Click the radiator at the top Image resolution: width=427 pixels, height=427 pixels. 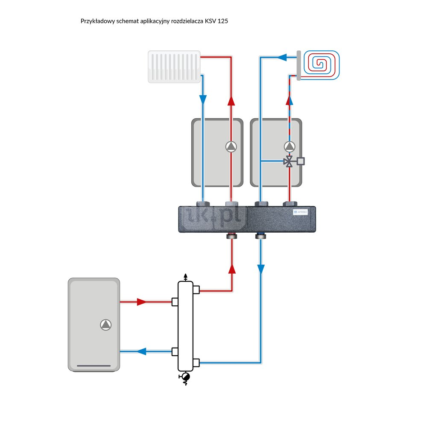[174, 67]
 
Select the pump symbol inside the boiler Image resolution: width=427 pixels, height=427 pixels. [105, 325]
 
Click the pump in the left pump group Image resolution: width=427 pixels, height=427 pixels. [231, 147]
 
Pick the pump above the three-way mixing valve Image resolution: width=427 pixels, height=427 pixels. [290, 147]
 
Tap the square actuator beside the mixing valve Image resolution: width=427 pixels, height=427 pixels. [301, 161]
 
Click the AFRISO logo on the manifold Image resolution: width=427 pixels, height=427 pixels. [297, 212]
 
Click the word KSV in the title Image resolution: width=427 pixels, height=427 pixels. [210, 21]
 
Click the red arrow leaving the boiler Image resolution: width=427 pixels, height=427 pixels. [142, 302]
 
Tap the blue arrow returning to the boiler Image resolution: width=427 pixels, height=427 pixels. [141, 351]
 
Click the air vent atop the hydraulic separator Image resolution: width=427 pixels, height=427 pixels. [185, 277]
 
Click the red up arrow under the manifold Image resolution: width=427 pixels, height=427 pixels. [232, 268]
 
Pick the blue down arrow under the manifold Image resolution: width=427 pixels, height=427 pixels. [260, 269]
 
